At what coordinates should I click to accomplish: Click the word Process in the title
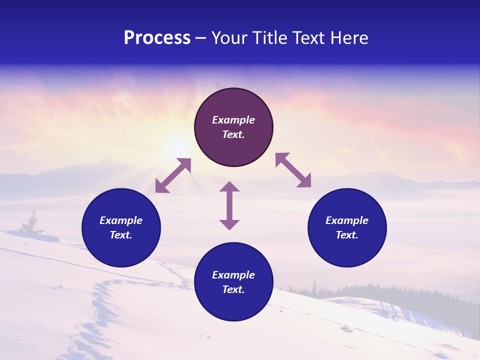point(157,38)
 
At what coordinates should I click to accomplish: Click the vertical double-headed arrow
point(229,205)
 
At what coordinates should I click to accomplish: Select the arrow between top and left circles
point(173,175)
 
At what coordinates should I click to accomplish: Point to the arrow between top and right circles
point(293,170)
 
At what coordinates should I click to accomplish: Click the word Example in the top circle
point(233,120)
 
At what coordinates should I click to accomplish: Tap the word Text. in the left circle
point(121,235)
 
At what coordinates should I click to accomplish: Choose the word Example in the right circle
point(347,220)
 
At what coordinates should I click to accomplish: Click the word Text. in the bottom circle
point(233,289)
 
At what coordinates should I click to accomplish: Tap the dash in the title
point(201,38)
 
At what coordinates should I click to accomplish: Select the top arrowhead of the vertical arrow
point(229,187)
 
